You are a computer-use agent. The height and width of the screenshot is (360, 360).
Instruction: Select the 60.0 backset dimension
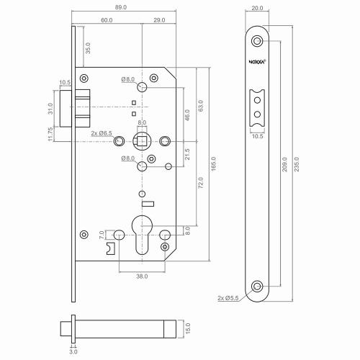[x=106, y=21]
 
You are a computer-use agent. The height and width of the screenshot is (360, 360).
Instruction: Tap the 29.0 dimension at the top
[x=159, y=21]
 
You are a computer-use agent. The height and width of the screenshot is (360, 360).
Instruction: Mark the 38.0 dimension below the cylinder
[x=140, y=275]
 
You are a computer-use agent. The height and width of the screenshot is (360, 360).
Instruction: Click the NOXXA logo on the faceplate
[x=257, y=61]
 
